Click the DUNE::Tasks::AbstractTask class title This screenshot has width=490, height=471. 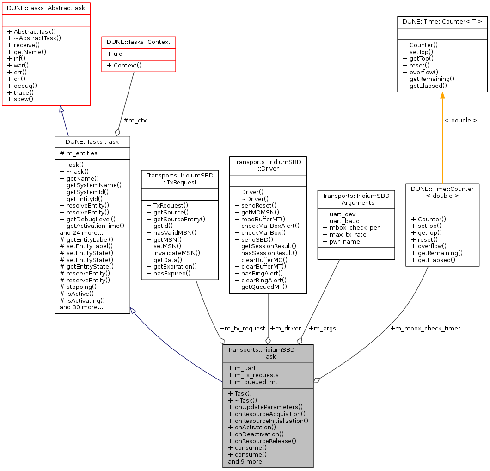click(46, 8)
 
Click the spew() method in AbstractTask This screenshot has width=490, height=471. click(20, 99)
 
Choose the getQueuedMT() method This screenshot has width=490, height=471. click(261, 287)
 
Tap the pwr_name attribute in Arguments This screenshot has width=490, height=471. click(341, 241)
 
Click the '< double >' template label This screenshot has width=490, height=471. click(460, 120)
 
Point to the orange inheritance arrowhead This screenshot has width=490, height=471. click(442, 95)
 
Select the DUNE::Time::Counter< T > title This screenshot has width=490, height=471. click(442, 21)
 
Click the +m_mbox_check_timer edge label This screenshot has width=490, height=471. click(425, 329)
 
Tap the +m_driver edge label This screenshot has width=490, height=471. click(285, 329)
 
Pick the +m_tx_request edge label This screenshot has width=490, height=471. click(242, 329)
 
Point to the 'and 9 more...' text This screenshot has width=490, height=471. click(248, 461)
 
